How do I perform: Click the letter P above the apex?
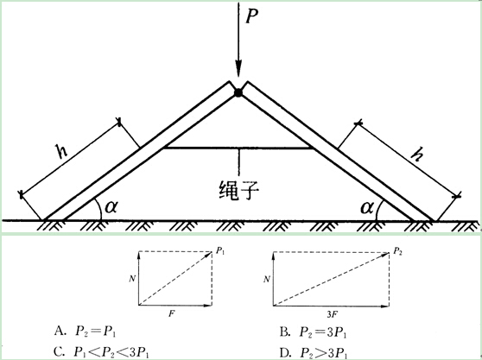click(251, 16)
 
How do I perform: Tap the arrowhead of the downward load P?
click(238, 68)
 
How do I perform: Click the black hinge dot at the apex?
click(238, 92)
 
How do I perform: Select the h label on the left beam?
click(61, 150)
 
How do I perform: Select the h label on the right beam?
click(417, 154)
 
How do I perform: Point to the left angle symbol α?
click(111, 206)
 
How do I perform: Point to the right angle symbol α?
click(367, 208)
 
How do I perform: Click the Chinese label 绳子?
click(239, 191)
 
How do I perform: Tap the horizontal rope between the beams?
click(238, 148)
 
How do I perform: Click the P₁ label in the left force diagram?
click(220, 250)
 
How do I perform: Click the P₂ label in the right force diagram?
click(397, 251)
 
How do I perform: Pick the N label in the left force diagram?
click(132, 279)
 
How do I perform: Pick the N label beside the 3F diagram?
click(267, 279)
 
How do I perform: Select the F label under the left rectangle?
click(172, 314)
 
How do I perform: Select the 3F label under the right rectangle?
click(333, 314)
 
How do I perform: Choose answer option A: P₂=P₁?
click(86, 332)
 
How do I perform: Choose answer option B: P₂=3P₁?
click(314, 332)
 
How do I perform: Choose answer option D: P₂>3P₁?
click(314, 352)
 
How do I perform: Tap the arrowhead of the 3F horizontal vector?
click(385, 306)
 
